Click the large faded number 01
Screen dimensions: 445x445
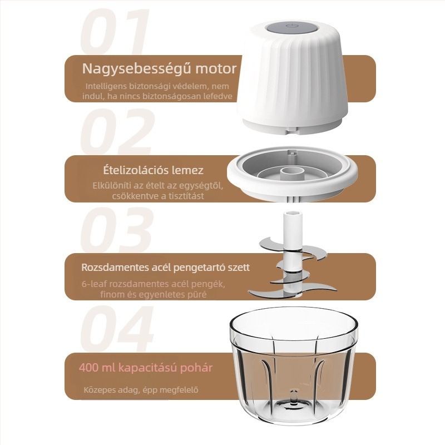pos(115,32)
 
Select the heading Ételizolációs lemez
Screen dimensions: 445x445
pos(154,170)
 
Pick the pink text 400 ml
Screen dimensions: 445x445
pos(97,368)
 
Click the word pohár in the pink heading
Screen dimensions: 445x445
pos(197,368)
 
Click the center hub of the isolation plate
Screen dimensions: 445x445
pos(291,173)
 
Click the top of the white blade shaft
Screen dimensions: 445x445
pos(293,214)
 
